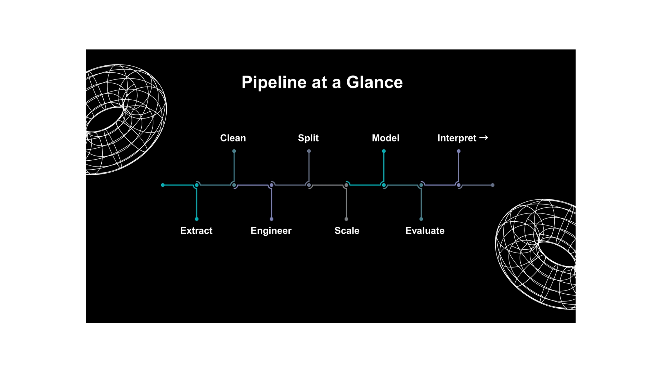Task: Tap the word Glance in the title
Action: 374,83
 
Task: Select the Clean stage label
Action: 233,138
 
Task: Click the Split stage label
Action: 308,138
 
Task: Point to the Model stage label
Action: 386,138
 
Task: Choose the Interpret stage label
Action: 457,138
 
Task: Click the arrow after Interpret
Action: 484,138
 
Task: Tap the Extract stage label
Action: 196,231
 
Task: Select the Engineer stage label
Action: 271,231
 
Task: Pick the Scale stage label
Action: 347,231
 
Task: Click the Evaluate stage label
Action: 425,231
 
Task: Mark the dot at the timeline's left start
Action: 163,185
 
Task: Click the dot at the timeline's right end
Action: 493,185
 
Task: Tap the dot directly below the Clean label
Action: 234,151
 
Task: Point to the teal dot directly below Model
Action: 384,151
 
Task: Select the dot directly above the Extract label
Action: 197,219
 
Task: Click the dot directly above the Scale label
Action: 346,219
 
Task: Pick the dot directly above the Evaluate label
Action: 421,219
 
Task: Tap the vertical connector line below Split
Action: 309,167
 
